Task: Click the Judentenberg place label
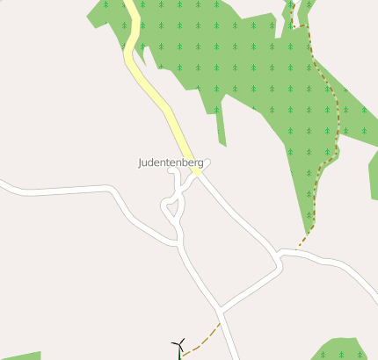point(171,163)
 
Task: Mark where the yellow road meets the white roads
point(197,171)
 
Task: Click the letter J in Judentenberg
point(141,163)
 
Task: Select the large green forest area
point(255,70)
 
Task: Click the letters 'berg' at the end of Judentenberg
point(193,163)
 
